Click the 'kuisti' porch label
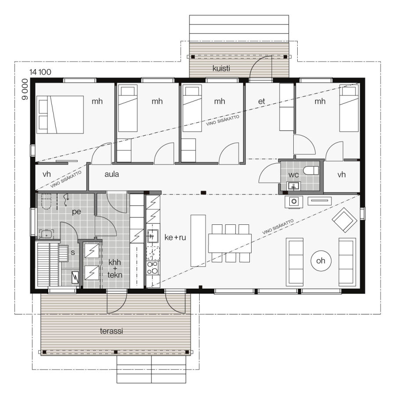pos(221,68)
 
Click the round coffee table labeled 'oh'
pos(321,260)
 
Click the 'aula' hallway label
pos(112,174)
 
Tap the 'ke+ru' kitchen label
pos(176,237)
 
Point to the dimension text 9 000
pos(25,89)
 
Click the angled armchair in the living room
pos(345,220)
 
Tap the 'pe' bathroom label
pos(77,212)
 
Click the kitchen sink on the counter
pos(152,236)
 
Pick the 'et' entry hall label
pos(262,102)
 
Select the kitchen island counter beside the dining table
pos(198,240)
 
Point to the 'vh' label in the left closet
pos(47,174)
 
